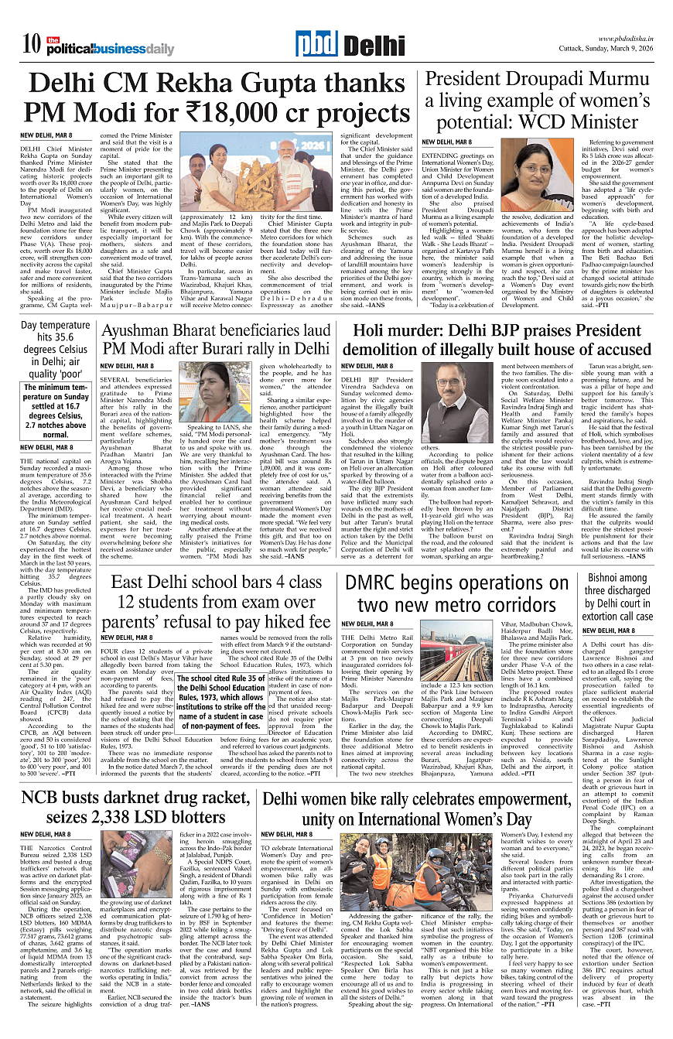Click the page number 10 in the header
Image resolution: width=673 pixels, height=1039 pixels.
click(x=32, y=44)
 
